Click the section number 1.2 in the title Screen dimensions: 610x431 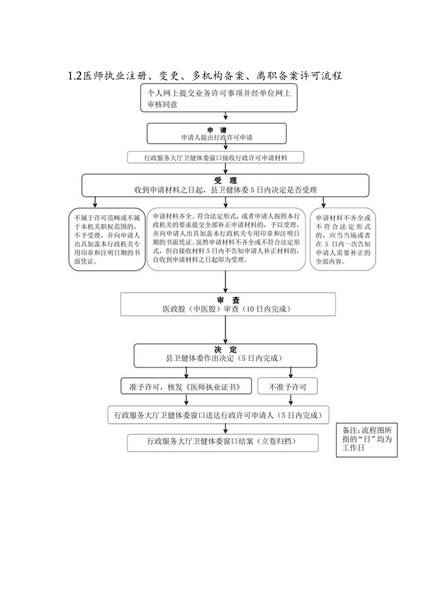pos(75,75)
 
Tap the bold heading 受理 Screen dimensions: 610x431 pos(225,181)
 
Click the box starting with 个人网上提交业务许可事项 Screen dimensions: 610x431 pos(219,98)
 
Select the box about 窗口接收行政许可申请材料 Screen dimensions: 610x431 pos(215,158)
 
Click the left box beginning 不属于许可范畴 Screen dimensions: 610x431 pos(107,240)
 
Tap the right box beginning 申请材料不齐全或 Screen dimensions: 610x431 pos(342,240)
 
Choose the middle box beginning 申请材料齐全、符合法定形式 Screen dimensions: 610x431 pos(226,240)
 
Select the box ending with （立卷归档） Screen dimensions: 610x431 pos(223,442)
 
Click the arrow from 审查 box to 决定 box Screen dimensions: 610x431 pos(225,330)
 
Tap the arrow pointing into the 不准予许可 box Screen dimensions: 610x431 pos(291,372)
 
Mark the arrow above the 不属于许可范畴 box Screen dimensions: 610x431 pos(95,202)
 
